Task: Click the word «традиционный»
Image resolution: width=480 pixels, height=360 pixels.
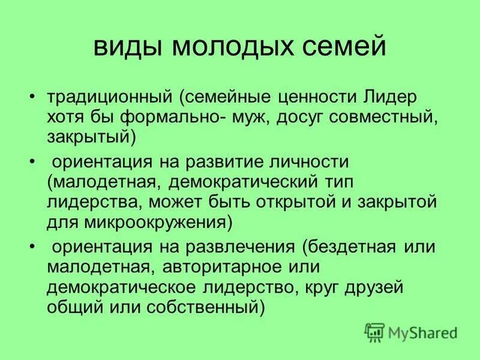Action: [109, 97]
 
